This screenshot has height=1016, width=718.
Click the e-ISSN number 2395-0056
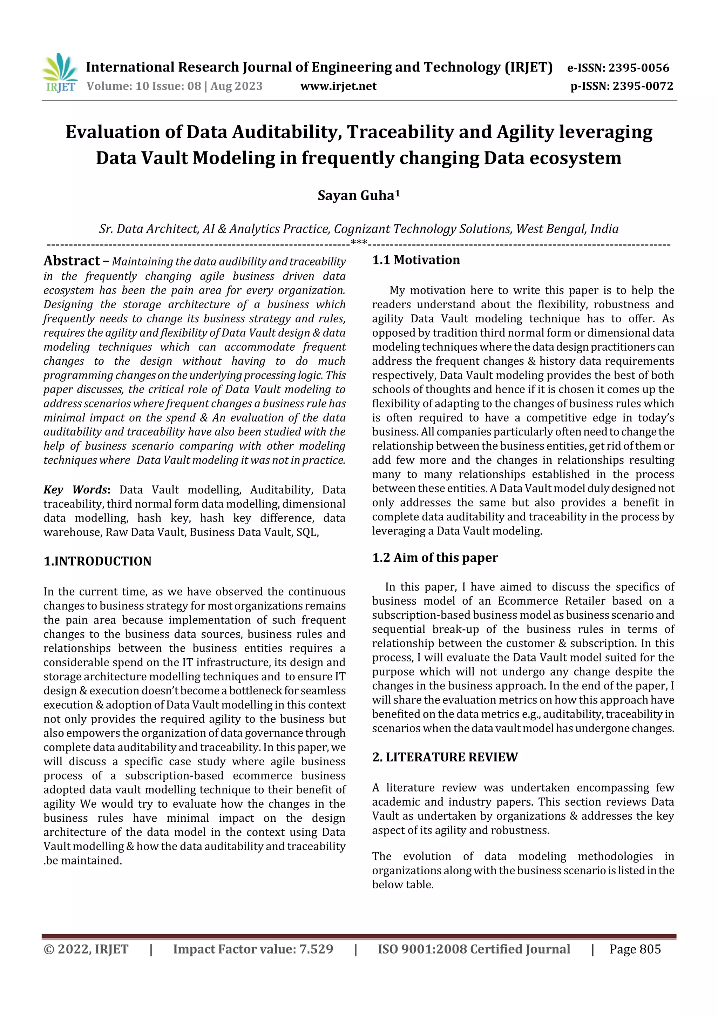tap(638, 68)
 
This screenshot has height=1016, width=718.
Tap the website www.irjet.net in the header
tap(338, 86)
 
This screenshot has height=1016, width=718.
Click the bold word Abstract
tap(72, 261)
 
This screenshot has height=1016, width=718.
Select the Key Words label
tap(76, 490)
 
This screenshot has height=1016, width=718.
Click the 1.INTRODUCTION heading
tap(97, 561)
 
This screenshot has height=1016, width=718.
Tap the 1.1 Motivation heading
tap(415, 260)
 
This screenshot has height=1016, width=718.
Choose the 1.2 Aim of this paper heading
tap(434, 558)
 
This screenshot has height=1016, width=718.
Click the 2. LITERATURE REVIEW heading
tap(445, 757)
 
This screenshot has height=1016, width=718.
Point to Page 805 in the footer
tap(635, 949)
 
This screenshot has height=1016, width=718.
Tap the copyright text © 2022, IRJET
tap(86, 949)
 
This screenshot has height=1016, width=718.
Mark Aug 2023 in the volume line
tap(236, 86)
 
